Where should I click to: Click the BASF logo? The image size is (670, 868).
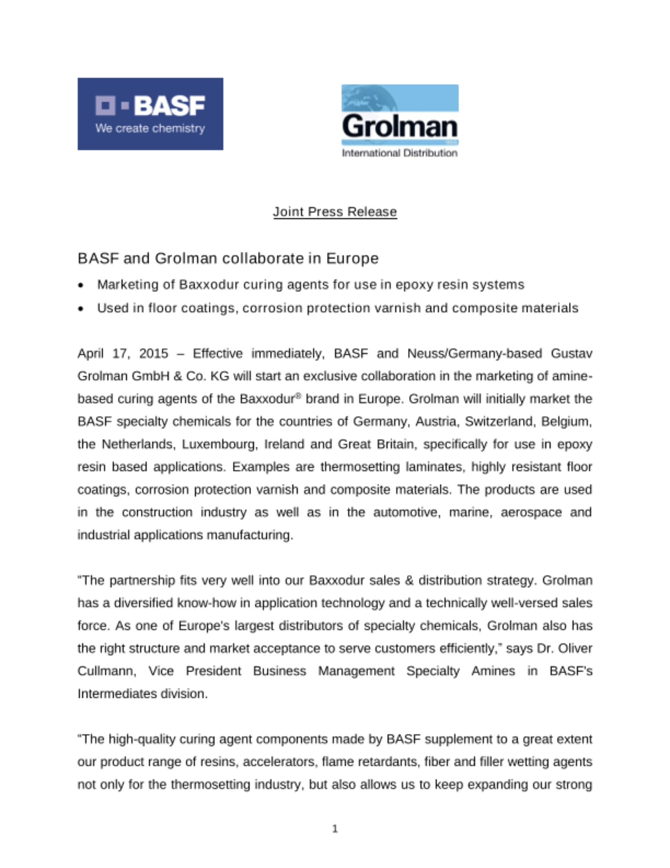click(x=150, y=114)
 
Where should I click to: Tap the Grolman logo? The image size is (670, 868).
click(x=399, y=116)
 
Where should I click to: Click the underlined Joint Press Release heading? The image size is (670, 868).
click(x=335, y=212)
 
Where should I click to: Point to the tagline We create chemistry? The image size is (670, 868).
click(x=150, y=128)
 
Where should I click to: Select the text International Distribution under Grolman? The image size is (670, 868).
click(x=399, y=153)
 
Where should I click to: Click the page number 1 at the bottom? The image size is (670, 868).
click(x=335, y=829)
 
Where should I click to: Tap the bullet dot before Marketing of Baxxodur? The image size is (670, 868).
click(x=81, y=286)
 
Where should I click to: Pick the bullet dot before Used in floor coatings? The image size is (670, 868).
click(x=81, y=309)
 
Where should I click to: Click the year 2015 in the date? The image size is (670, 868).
click(x=154, y=354)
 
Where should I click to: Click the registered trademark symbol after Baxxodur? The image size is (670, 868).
click(x=298, y=395)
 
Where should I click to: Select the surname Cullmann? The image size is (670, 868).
click(x=106, y=671)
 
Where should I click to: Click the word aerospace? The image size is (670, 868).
click(x=531, y=512)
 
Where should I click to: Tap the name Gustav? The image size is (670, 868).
click(x=571, y=354)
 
